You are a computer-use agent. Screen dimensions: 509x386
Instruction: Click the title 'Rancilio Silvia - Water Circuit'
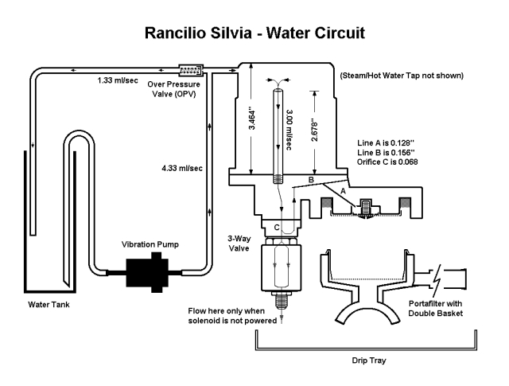pos(254,33)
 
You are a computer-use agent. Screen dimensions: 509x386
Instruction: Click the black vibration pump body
pos(148,273)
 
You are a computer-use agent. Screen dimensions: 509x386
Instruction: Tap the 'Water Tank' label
pos(49,305)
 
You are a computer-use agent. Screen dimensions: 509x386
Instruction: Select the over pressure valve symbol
pos(191,70)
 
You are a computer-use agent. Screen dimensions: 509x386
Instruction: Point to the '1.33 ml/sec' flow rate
pos(118,80)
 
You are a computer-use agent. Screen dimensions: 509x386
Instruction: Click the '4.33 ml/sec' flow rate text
pos(182,168)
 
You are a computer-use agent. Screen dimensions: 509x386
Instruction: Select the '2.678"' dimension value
pos(314,131)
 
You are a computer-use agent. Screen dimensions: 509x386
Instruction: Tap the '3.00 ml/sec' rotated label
pos(289,130)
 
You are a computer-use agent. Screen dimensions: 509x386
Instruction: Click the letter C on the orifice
pos(277,228)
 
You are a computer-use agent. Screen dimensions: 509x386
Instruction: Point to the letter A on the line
pos(343,191)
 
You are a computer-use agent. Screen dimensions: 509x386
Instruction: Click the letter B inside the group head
pos(311,180)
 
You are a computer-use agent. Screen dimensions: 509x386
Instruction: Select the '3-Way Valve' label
pos(239,244)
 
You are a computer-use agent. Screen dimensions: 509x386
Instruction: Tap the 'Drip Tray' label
pos(369,361)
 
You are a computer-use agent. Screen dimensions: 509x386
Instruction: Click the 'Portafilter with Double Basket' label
pos(435,308)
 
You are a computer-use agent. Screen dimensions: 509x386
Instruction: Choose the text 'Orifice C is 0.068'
pos(387,162)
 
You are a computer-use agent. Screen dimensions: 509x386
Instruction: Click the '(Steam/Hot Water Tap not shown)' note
pos(402,76)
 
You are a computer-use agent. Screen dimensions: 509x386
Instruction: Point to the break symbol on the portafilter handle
pos(437,279)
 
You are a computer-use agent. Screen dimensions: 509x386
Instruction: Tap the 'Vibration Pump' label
pos(150,244)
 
